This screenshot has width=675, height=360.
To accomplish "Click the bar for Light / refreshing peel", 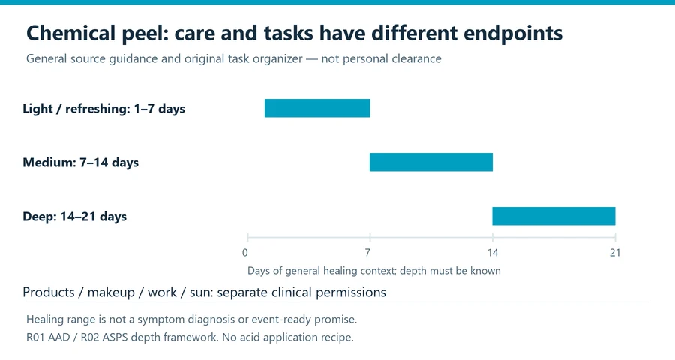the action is tap(317, 108).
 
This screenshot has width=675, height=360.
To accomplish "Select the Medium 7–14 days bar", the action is tap(431, 162).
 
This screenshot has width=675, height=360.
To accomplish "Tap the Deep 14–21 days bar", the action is tap(553, 216).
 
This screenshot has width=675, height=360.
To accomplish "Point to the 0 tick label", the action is tap(245, 252).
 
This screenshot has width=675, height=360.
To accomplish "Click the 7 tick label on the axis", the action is tap(367, 252).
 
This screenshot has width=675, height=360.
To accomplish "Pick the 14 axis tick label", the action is tap(493, 252).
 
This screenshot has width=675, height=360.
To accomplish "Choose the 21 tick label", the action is tap(615, 252).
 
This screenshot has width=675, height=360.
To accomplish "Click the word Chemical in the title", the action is tap(71, 33).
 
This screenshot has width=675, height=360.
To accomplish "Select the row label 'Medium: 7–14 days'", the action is tap(80, 162).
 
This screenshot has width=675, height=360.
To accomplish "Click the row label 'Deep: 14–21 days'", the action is tap(74, 216).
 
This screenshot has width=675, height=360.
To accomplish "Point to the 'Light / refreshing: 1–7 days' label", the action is tap(103, 109).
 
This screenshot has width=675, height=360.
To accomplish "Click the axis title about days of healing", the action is tap(374, 271).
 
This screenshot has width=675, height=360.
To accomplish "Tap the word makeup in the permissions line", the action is tap(111, 292).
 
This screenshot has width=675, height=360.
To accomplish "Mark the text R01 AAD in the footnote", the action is tap(48, 337).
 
